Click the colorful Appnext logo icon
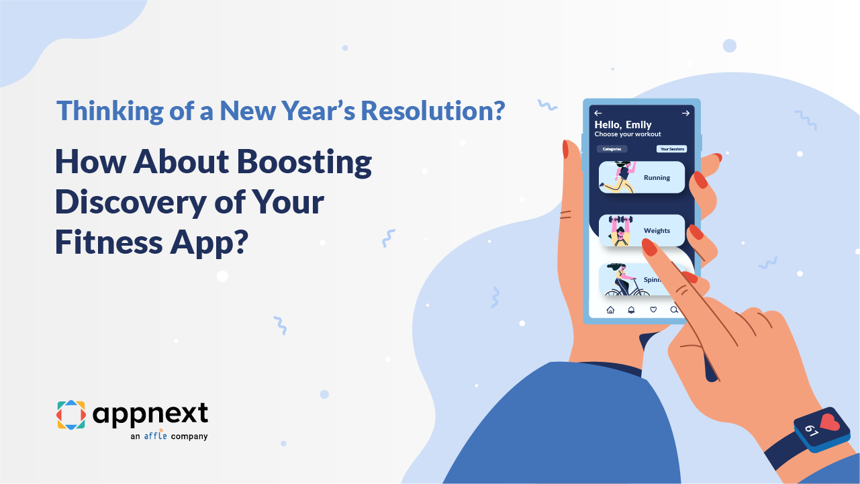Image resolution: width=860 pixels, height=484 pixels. pyautogui.click(x=70, y=415)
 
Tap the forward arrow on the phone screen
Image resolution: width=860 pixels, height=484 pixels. pyautogui.click(x=685, y=113)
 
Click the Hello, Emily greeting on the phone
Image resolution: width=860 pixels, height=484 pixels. pyautogui.click(x=623, y=125)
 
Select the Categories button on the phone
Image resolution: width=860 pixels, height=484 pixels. pyautogui.click(x=612, y=149)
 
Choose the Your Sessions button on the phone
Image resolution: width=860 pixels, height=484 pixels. pyautogui.click(x=671, y=149)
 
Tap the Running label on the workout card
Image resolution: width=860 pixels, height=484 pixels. pyautogui.click(x=657, y=178)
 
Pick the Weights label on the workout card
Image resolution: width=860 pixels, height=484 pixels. pyautogui.click(x=657, y=231)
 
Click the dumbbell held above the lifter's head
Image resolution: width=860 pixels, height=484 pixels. pyautogui.click(x=620, y=220)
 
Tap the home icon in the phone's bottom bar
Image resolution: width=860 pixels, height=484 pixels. pyautogui.click(x=610, y=309)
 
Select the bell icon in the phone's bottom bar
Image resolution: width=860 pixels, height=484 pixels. pyautogui.click(x=631, y=309)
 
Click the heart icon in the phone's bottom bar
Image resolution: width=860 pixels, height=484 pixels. pyautogui.click(x=653, y=309)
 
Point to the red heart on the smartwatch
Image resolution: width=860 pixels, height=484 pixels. pyautogui.click(x=830, y=423)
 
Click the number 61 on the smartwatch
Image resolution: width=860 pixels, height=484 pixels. pyautogui.click(x=811, y=430)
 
